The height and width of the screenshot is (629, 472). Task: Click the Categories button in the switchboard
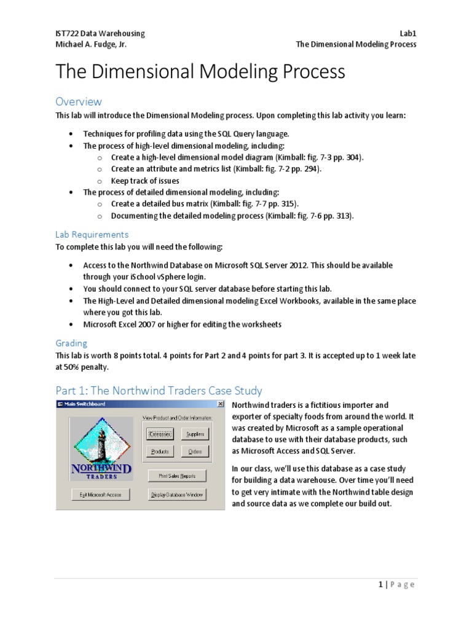click(x=160, y=434)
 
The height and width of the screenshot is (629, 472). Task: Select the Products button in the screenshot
click(x=160, y=451)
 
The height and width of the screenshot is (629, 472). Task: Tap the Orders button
click(x=195, y=451)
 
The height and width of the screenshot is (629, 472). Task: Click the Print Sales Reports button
click(x=177, y=475)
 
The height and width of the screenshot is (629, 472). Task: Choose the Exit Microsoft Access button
click(x=100, y=494)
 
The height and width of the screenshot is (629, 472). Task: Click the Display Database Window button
click(x=177, y=494)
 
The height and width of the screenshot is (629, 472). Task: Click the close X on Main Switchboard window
click(x=220, y=404)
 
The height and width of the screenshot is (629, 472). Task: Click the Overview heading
click(x=79, y=101)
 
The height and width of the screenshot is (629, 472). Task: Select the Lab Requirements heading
click(x=92, y=234)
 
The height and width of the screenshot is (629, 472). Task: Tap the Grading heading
click(x=71, y=343)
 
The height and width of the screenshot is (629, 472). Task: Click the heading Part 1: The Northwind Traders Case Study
click(x=159, y=391)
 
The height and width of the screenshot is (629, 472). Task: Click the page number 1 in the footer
click(x=381, y=584)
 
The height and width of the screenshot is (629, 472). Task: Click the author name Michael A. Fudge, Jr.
click(x=92, y=44)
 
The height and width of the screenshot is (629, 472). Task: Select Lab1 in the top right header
click(x=407, y=33)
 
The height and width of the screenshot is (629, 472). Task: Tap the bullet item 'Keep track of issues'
click(x=145, y=181)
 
